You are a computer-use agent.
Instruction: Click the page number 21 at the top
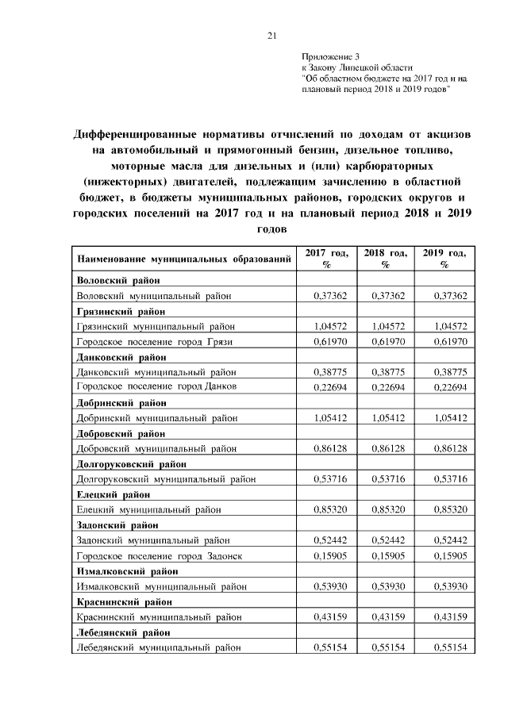(271, 35)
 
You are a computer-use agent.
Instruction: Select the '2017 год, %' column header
(326, 259)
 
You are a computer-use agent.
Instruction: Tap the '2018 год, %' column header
(385, 259)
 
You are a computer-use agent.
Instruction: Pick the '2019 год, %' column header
(444, 259)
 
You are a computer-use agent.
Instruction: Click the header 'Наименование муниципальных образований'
(183, 259)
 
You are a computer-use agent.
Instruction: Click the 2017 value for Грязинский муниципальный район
(331, 326)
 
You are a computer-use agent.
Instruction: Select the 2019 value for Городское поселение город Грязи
(448, 341)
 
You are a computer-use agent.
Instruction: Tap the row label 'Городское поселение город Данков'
(156, 386)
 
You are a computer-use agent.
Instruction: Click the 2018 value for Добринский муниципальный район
(390, 417)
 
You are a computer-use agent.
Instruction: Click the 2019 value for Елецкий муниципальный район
(448, 509)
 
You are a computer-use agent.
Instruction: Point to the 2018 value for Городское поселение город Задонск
(390, 555)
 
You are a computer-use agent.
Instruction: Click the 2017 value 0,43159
(331, 616)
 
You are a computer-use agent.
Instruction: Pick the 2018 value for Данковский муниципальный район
(390, 371)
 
